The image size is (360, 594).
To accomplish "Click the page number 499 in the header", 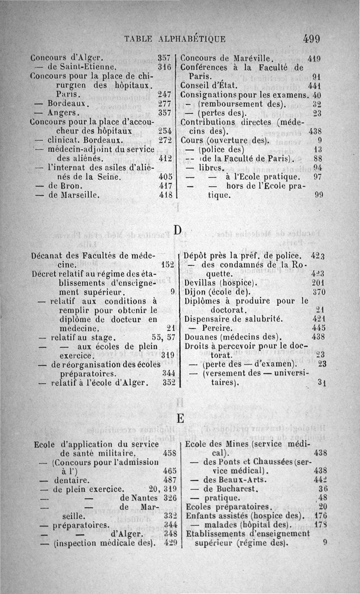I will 311,39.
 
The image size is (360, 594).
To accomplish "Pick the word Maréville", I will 252,58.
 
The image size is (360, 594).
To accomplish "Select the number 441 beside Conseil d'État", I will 314,86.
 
